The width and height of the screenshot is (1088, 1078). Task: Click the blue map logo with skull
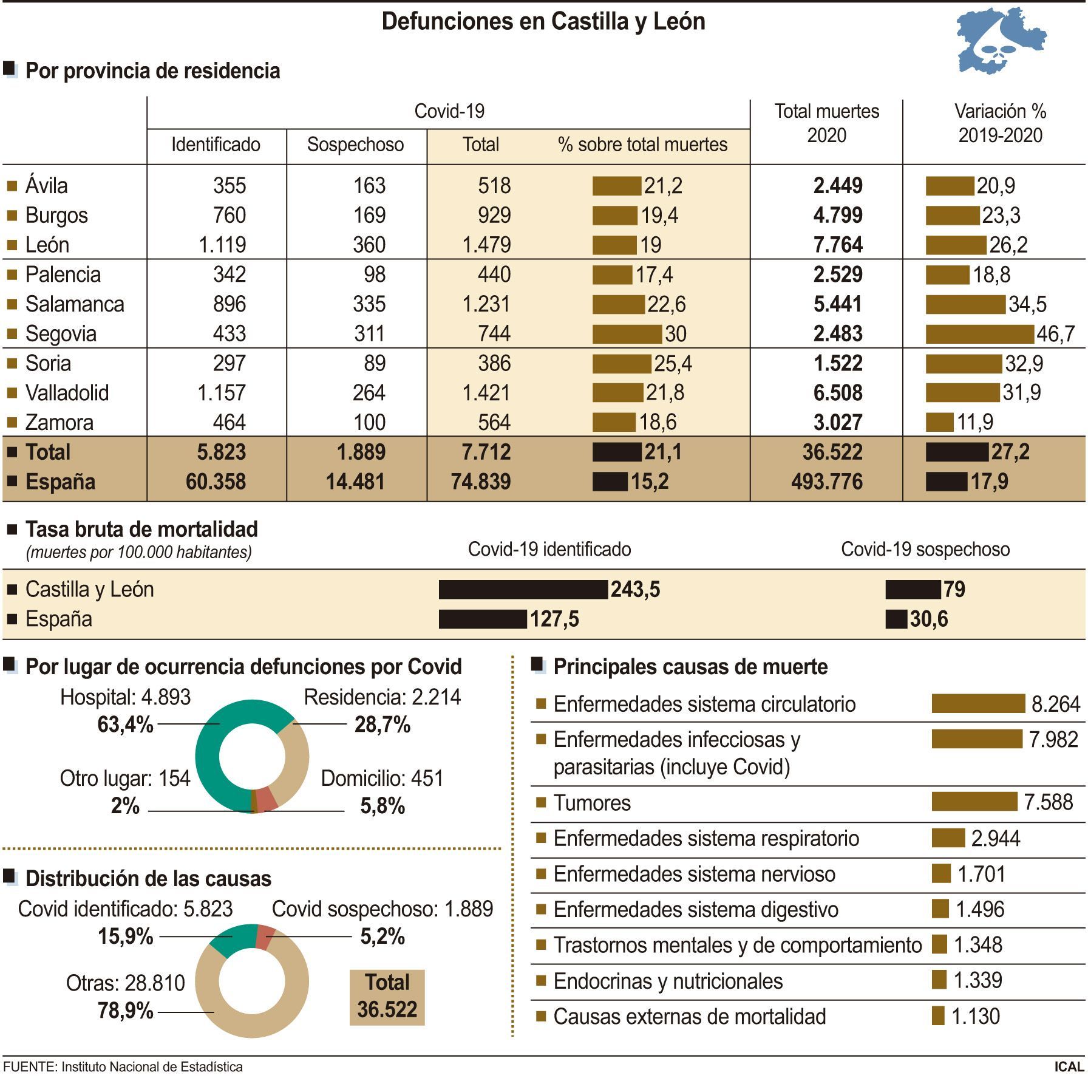(1001, 41)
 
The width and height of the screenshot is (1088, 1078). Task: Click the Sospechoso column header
(355, 145)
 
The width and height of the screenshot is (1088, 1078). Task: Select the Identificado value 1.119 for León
(222, 245)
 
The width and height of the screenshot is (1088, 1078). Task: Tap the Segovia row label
(61, 333)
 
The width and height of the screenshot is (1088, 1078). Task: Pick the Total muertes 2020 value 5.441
(838, 304)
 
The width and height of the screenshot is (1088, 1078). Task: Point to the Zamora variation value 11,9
(975, 422)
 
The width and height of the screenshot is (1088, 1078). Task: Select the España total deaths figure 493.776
(826, 482)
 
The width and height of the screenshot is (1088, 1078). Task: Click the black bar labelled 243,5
(523, 589)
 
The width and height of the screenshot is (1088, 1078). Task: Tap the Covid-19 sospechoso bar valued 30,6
(896, 619)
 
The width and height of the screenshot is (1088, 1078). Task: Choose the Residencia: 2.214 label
(382, 697)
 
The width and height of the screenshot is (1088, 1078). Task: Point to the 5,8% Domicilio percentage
(382, 806)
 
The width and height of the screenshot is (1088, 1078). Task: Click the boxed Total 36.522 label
(387, 997)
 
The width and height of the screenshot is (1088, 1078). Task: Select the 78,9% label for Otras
(125, 1011)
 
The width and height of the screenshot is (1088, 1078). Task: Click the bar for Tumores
(974, 802)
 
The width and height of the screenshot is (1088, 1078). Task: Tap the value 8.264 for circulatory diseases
(1056, 704)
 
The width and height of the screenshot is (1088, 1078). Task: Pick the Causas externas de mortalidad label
(690, 1017)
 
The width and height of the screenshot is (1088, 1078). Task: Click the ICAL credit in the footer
(1069, 1067)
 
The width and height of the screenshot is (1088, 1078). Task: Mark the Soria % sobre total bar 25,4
(622, 363)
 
